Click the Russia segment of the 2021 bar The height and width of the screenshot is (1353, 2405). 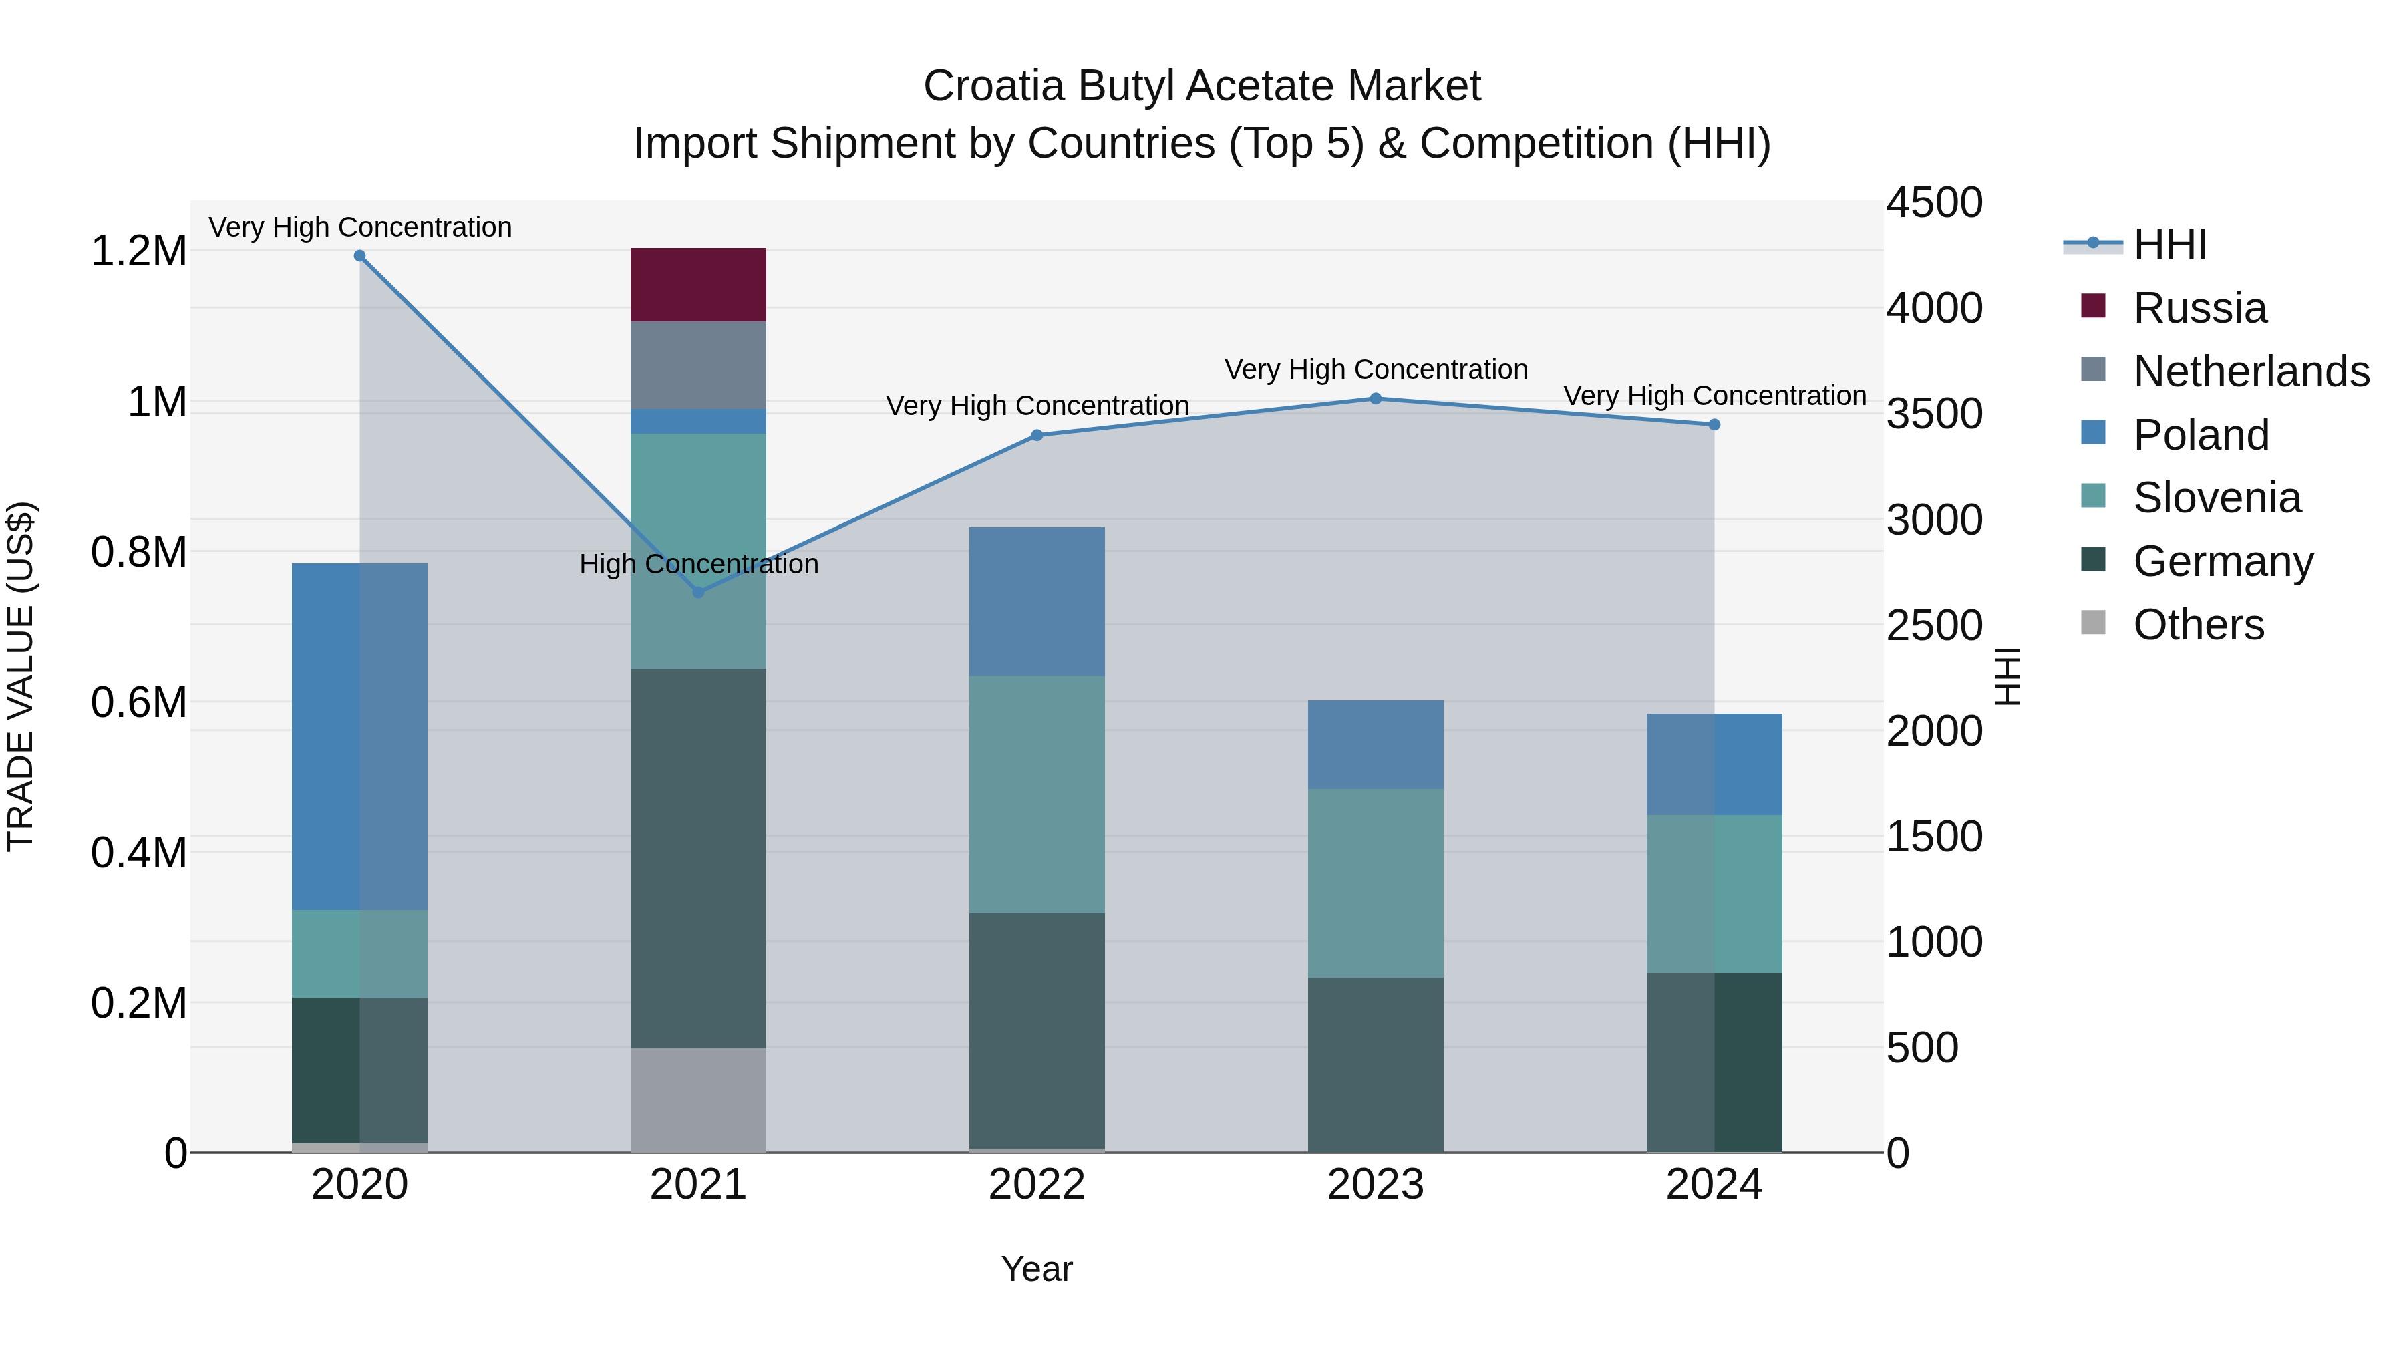pos(697,284)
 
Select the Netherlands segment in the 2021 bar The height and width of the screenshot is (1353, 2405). pos(697,364)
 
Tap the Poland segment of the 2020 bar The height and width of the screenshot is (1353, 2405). pos(359,736)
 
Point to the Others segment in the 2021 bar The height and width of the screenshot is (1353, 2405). pos(697,1099)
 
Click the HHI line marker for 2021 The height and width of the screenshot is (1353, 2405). pos(697,592)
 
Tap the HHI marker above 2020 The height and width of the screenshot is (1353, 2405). pos(359,256)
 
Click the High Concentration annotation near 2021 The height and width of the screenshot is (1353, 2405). pos(697,564)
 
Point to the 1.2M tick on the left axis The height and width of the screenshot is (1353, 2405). pos(138,251)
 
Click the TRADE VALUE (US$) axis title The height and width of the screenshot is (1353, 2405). pos(21,676)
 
